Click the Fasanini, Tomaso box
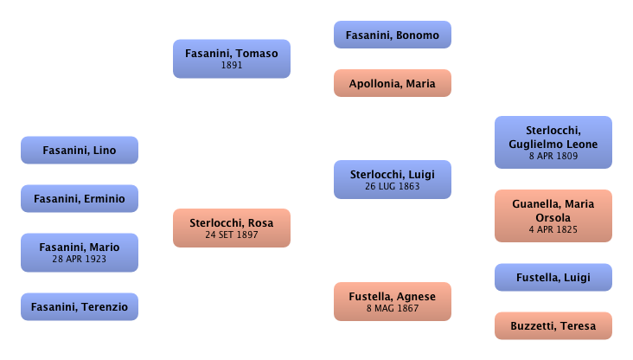click(231, 59)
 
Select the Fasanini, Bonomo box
click(392, 35)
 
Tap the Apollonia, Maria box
click(392, 84)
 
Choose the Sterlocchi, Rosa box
click(231, 228)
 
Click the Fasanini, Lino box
click(79, 151)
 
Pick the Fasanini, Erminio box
click(79, 199)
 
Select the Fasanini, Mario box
click(79, 253)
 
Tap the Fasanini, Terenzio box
click(79, 305)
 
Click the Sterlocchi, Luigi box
click(392, 180)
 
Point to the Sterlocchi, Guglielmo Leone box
click(553, 143)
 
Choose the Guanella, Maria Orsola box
click(553, 215)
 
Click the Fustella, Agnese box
click(392, 302)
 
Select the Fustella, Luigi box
click(553, 278)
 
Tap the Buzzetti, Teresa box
click(553, 326)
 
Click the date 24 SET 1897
click(231, 235)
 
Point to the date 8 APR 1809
click(553, 157)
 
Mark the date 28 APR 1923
click(79, 260)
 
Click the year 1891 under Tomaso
click(231, 65)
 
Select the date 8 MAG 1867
click(392, 309)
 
